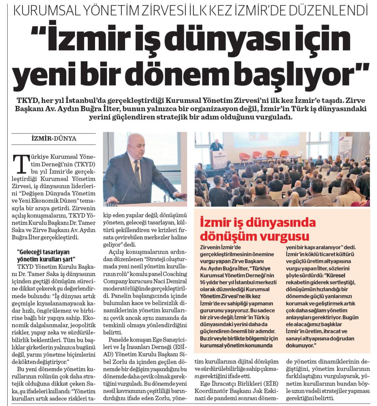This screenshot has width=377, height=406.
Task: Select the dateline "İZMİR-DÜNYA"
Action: point(52,138)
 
